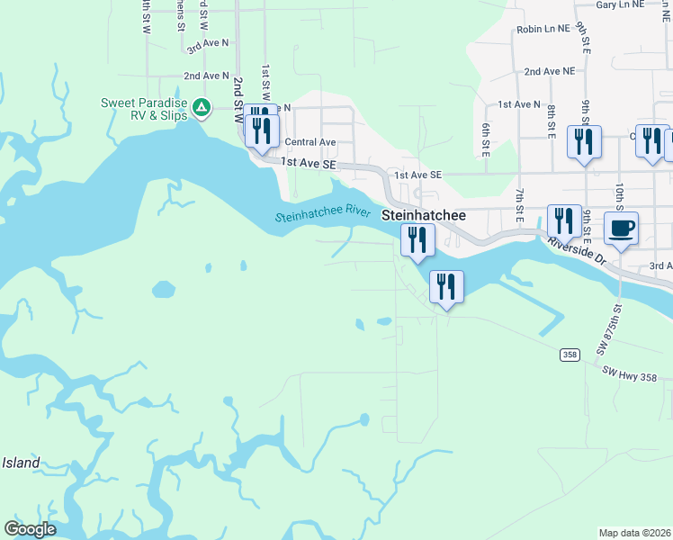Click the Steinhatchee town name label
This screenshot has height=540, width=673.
pyautogui.click(x=424, y=216)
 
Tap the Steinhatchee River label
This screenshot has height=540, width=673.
pyautogui.click(x=323, y=215)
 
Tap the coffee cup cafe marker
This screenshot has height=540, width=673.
pyautogui.click(x=621, y=229)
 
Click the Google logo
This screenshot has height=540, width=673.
pyautogui.click(x=30, y=529)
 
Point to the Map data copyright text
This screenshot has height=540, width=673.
pyautogui.click(x=634, y=533)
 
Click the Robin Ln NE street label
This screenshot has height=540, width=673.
pyautogui.click(x=543, y=29)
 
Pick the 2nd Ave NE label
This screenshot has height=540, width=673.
pyautogui.click(x=549, y=70)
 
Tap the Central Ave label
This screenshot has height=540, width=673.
pyautogui.click(x=310, y=142)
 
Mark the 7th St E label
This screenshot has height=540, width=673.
pyautogui.click(x=520, y=206)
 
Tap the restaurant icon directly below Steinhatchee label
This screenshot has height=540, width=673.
pyautogui.click(x=417, y=240)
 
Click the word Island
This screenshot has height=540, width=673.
pyautogui.click(x=21, y=463)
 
